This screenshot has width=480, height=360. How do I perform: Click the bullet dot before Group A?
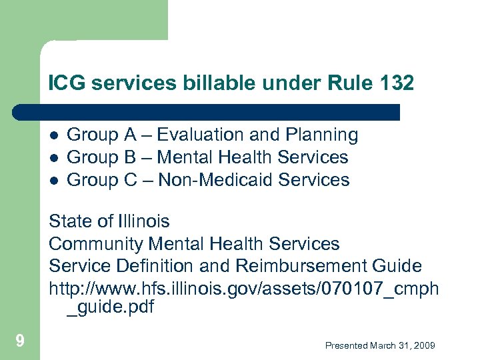coord(55,135)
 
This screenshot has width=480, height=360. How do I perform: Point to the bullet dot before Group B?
coord(55,158)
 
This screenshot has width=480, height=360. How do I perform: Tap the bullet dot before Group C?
coord(55,181)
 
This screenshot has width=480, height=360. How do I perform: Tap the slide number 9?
coord(20,342)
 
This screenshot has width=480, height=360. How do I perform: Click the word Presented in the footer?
coord(346,345)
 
